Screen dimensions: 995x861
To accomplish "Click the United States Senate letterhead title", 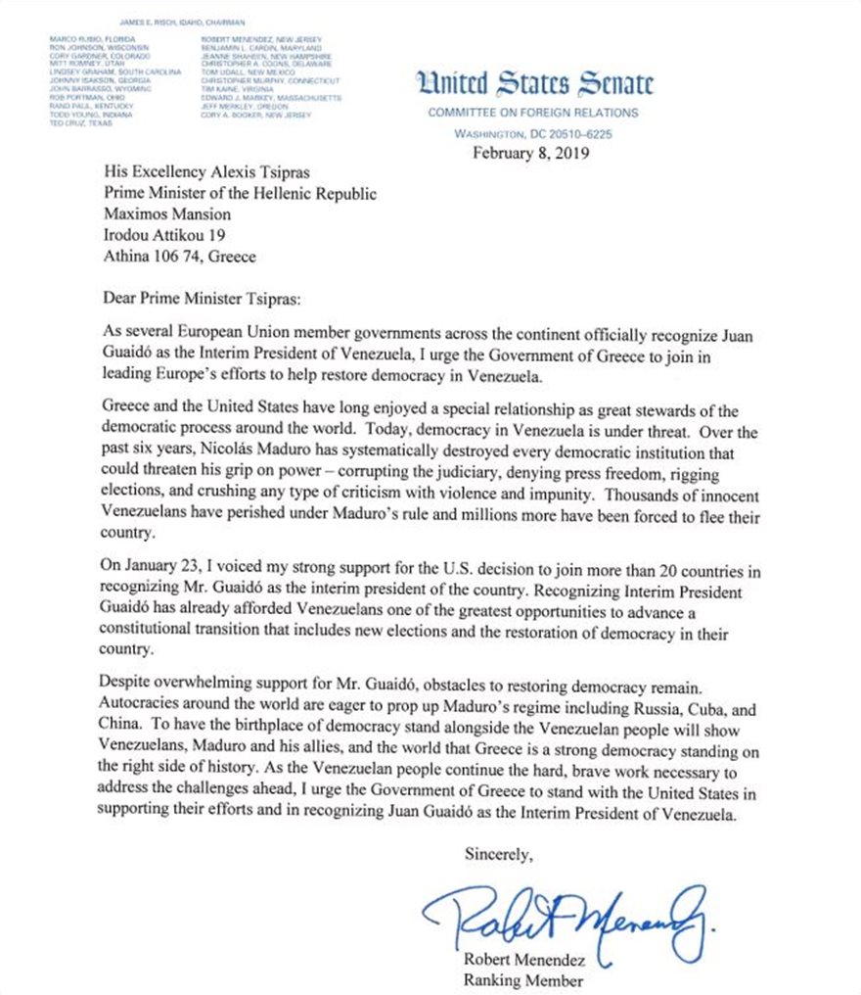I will coord(533,85).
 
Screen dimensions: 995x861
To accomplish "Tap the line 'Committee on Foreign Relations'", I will coord(532,113).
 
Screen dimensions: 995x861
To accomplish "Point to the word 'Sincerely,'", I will coord(499,855).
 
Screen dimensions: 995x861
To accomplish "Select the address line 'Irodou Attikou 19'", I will coord(165,235).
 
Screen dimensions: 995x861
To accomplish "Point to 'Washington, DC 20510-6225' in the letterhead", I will coord(532,133).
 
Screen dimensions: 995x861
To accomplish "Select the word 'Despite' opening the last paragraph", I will coord(128,679).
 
